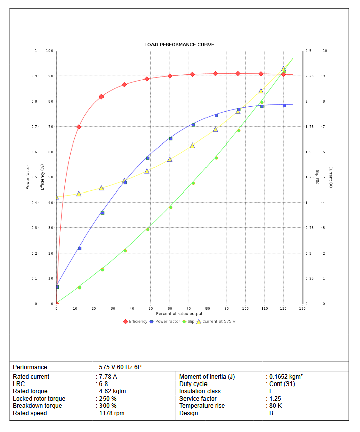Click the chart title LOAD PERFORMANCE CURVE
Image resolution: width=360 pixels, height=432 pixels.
(x=179, y=45)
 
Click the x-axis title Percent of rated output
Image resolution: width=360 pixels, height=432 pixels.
(x=179, y=314)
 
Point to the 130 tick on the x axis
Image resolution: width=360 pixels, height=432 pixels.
(x=302, y=308)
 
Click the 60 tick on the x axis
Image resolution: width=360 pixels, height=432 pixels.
(x=170, y=308)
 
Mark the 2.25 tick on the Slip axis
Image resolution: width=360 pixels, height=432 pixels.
(x=310, y=76)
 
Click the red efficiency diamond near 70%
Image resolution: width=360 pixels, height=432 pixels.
(x=79, y=127)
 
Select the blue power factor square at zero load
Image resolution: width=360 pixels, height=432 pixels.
(x=57, y=287)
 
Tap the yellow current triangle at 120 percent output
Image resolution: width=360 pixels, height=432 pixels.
(x=284, y=69)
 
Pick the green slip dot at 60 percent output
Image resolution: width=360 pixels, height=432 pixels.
(x=170, y=207)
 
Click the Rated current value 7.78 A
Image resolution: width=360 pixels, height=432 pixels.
(x=108, y=377)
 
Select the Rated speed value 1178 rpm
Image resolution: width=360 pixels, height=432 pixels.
(x=112, y=413)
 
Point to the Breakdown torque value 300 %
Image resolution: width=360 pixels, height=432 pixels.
(x=108, y=406)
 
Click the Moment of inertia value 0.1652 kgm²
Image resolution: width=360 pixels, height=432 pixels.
(x=286, y=377)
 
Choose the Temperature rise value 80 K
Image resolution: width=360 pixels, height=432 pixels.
(x=275, y=406)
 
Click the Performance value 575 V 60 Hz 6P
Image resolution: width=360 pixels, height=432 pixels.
(x=124, y=367)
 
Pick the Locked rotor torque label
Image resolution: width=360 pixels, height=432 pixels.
(x=39, y=399)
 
